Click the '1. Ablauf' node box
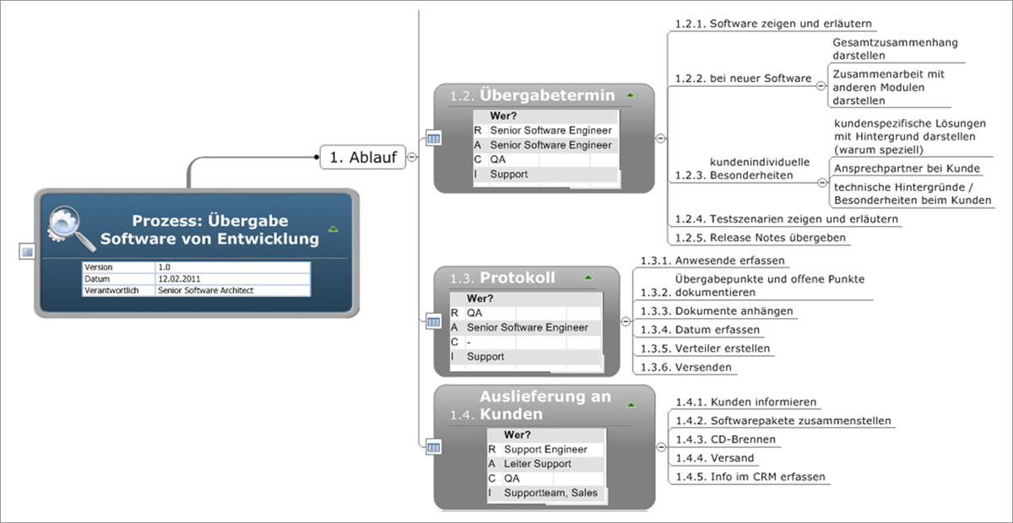click(x=363, y=157)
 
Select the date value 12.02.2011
click(x=179, y=279)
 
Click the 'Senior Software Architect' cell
click(x=205, y=291)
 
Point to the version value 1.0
click(x=164, y=267)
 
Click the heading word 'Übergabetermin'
click(x=547, y=95)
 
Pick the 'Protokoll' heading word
click(x=517, y=278)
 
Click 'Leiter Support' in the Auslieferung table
click(x=537, y=464)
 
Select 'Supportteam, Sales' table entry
click(x=550, y=493)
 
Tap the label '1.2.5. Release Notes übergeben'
click(x=761, y=238)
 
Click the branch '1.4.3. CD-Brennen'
click(x=725, y=439)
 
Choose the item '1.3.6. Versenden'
click(x=685, y=368)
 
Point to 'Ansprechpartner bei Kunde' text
click(x=907, y=169)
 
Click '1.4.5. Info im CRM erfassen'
click(x=750, y=477)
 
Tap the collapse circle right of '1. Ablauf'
click(x=412, y=157)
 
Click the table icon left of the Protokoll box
click(x=433, y=322)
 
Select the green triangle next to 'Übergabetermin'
click(x=630, y=95)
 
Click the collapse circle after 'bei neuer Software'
click(x=821, y=85)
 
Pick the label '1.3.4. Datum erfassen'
click(x=700, y=330)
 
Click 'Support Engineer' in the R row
click(x=545, y=450)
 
